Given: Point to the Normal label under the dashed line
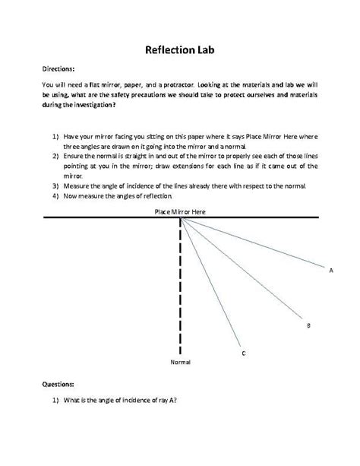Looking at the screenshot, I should [180, 363].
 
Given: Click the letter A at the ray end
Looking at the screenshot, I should [331, 269].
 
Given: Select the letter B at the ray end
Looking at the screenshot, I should [308, 325].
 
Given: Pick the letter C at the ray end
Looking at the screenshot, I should [242, 353].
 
